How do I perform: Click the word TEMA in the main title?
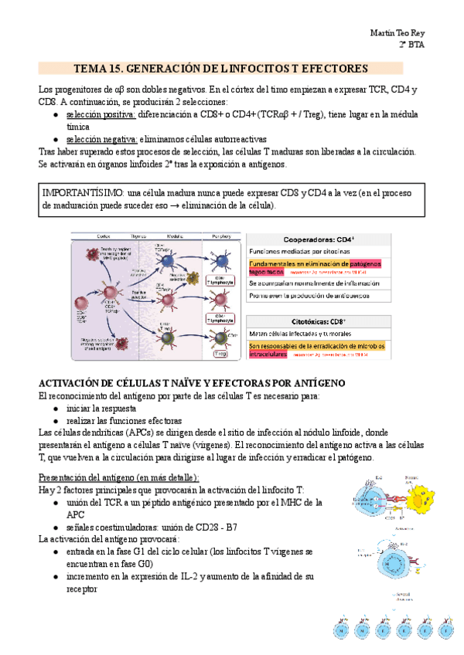(93, 68)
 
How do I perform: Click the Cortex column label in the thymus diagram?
(102, 238)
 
